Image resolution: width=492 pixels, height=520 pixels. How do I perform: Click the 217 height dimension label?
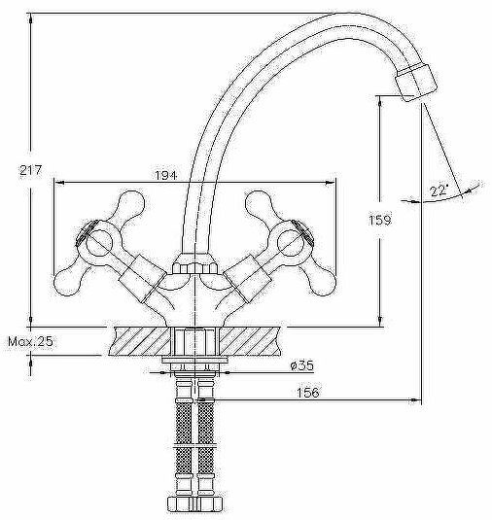tap(31, 170)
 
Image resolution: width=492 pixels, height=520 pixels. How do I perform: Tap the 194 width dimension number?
tap(166, 175)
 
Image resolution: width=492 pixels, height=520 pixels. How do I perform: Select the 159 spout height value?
tap(380, 220)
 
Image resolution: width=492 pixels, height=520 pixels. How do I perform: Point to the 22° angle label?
tap(439, 191)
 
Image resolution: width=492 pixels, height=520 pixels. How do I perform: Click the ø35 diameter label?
tap(301, 365)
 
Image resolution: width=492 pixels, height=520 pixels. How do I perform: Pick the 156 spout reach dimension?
tap(308, 393)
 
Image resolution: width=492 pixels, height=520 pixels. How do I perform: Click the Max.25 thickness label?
tap(30, 341)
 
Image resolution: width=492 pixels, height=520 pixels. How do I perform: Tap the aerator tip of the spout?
tap(417, 83)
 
